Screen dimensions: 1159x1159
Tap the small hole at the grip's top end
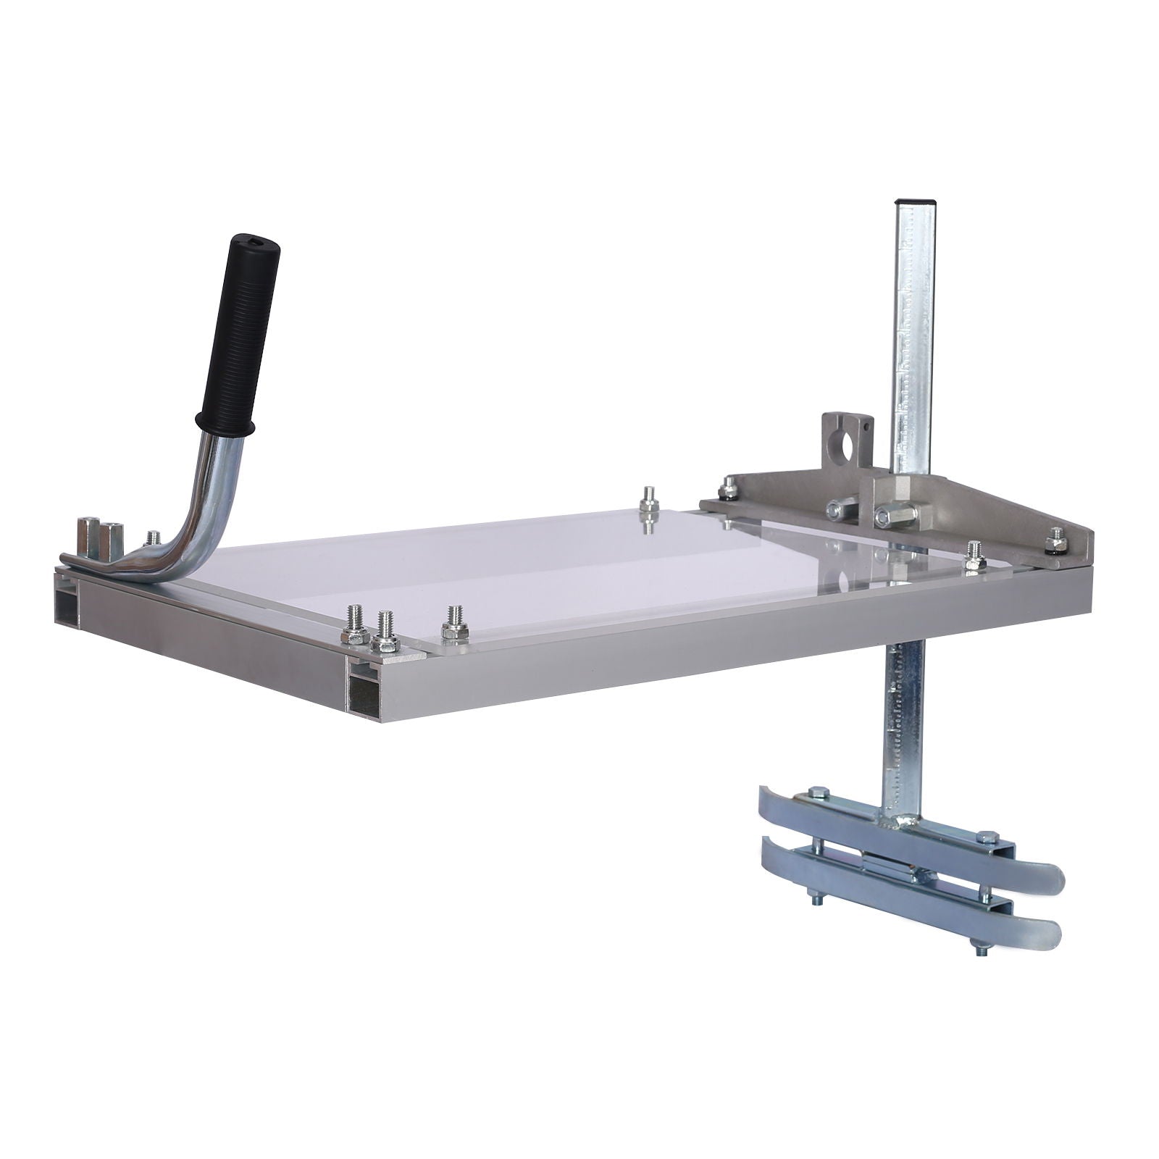coord(258,241)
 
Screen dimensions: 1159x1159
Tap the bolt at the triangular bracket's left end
coord(727,490)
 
